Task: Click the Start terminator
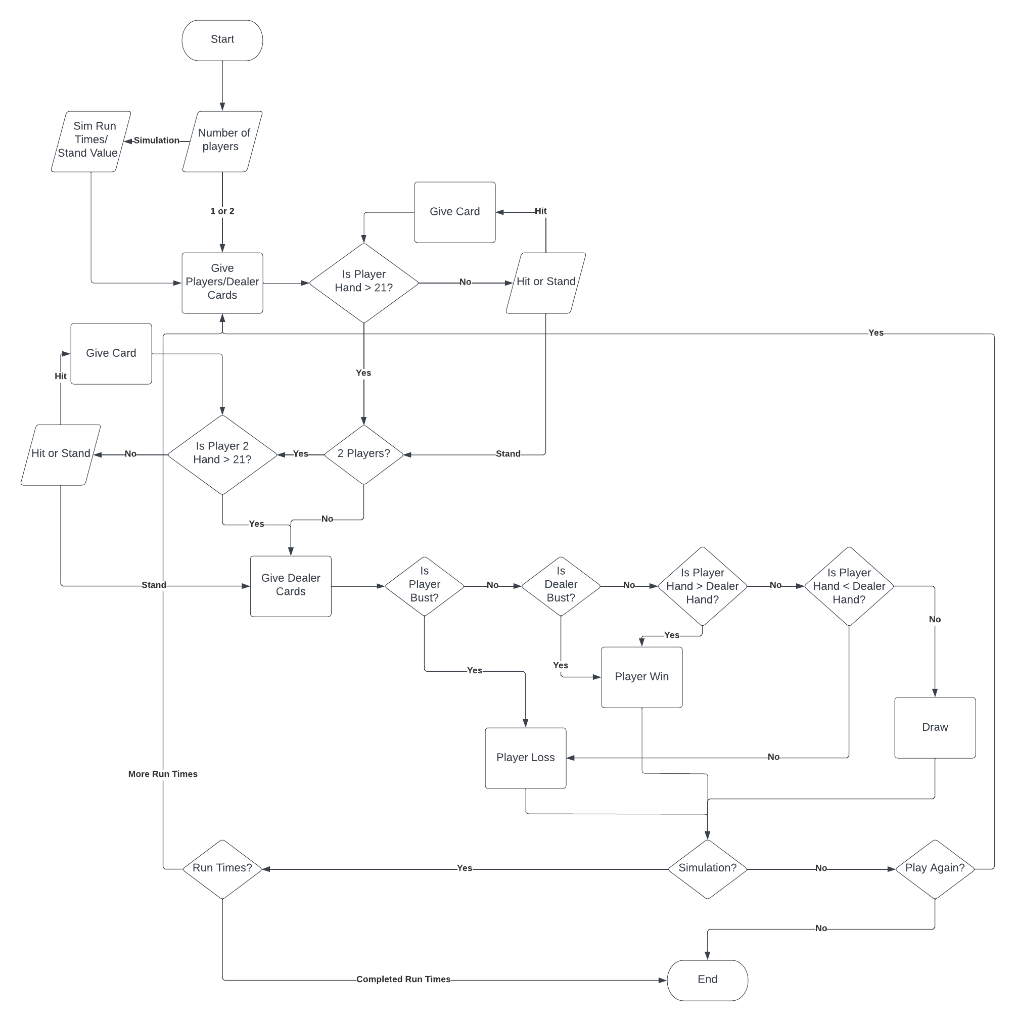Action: (222, 40)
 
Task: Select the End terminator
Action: (707, 980)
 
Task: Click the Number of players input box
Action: (222, 141)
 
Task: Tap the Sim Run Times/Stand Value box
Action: (90, 141)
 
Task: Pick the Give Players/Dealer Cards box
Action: (222, 283)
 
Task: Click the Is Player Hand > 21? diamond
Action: (363, 283)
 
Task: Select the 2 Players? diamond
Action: (363, 454)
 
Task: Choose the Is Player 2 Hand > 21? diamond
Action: (222, 454)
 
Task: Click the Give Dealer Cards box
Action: (291, 585)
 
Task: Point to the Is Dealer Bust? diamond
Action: (561, 585)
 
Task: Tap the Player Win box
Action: (641, 677)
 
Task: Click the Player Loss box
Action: (525, 758)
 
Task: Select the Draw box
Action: (935, 728)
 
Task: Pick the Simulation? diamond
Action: (707, 868)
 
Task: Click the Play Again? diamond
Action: (935, 868)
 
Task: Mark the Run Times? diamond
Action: (222, 868)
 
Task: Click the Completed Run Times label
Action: (403, 979)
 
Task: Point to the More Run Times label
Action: (163, 774)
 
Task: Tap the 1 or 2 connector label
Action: (222, 211)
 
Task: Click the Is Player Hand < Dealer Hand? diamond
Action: (849, 585)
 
